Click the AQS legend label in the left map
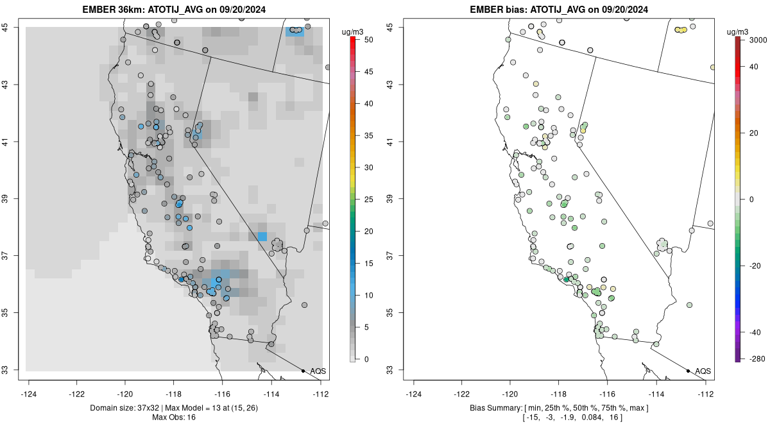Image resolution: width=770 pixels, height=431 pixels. click(318, 371)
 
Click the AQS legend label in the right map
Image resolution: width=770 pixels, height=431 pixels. click(703, 371)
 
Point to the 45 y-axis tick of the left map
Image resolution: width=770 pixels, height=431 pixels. click(13, 27)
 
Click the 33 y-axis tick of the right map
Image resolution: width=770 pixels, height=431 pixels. click(397, 370)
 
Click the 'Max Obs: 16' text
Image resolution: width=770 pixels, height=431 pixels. click(174, 418)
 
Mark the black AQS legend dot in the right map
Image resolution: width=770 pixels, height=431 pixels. click(688, 371)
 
